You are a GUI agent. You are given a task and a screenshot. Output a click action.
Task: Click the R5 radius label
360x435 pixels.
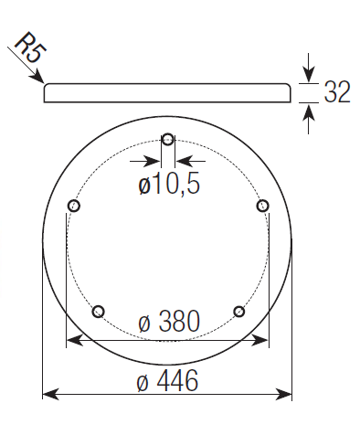[x=30, y=48]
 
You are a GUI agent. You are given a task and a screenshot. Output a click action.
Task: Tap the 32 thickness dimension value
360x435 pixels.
[x=337, y=92]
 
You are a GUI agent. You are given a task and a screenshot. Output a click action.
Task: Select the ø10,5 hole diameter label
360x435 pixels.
[x=169, y=184]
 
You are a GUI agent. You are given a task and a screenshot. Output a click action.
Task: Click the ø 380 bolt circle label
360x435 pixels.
[x=169, y=321]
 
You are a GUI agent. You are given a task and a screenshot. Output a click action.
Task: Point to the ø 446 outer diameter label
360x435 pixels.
[x=167, y=380]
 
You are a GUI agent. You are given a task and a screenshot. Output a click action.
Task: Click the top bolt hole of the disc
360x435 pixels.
[x=168, y=140]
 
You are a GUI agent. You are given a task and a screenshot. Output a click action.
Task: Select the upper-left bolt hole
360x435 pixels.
[x=73, y=206]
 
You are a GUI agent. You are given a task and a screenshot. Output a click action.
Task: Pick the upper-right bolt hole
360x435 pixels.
[x=262, y=206]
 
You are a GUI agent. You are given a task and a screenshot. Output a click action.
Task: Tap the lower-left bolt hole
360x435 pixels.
[x=98, y=312]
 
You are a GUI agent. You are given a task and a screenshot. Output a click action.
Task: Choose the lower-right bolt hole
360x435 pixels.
[x=239, y=312]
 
